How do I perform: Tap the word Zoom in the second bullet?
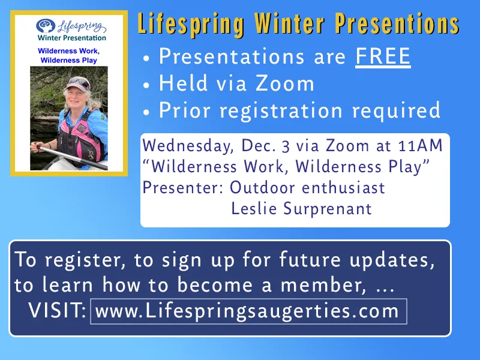[x=289, y=83]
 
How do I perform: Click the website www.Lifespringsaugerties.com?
[x=247, y=311]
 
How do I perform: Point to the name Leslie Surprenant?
[x=301, y=209]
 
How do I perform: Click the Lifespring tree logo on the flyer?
[x=45, y=26]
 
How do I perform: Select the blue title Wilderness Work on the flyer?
[x=68, y=52]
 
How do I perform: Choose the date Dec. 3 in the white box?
[x=265, y=145]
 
